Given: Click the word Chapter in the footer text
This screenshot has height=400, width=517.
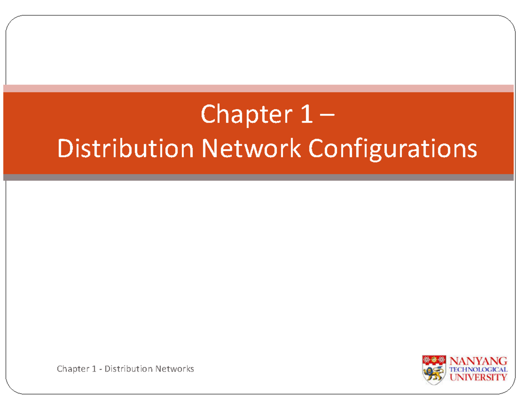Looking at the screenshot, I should coord(71,369).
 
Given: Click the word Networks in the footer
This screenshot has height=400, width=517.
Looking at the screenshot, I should coord(174,369).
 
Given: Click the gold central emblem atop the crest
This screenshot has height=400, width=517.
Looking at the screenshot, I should coord(434,360).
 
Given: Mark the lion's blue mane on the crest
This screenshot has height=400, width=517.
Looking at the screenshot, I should coord(430,372).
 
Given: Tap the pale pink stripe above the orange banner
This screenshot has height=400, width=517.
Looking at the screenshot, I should coord(258,88).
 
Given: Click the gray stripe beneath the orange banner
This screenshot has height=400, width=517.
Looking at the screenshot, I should coord(258,177).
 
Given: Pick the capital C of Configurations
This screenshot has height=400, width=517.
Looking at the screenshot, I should coord(315,149).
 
